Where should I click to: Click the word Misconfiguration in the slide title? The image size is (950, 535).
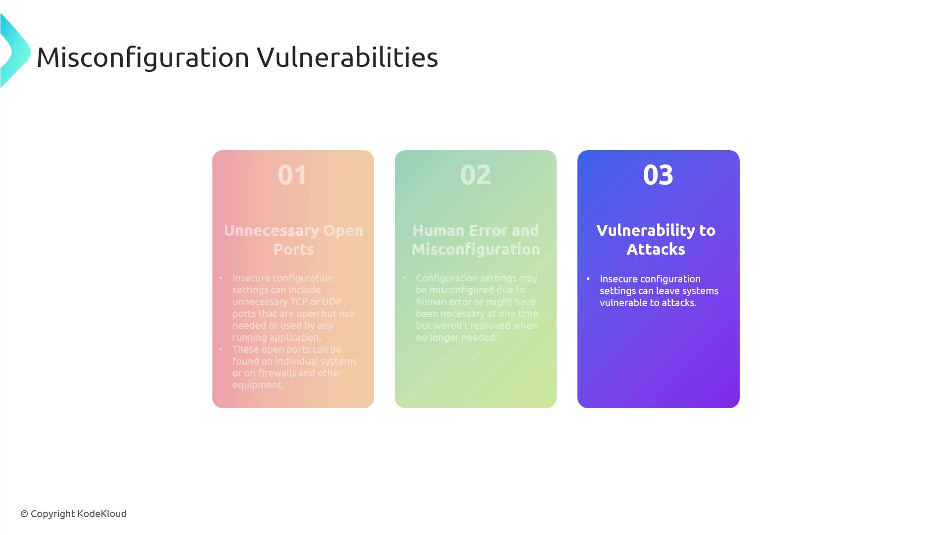pos(143,57)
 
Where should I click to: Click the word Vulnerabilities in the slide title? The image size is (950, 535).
pos(347,56)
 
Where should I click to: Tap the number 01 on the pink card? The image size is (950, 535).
pos(292,175)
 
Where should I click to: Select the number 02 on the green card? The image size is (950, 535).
pos(475,175)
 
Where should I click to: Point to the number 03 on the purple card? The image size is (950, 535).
pos(658,175)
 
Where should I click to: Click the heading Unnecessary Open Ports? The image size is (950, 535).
pos(293,240)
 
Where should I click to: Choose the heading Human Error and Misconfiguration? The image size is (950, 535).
pos(475,240)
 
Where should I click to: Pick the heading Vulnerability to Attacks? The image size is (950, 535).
pos(656,240)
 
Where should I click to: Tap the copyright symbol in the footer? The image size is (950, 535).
pos(24,514)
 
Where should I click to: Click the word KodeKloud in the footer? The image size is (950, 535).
pos(102,514)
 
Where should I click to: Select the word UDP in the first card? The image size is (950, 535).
pos(332,302)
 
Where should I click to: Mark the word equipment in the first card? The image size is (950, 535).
pos(258,385)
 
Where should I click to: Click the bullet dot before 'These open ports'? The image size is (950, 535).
pos(221,349)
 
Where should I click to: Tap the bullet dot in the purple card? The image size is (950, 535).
pos(588,279)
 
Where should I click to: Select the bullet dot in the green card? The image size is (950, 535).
pos(404,278)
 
